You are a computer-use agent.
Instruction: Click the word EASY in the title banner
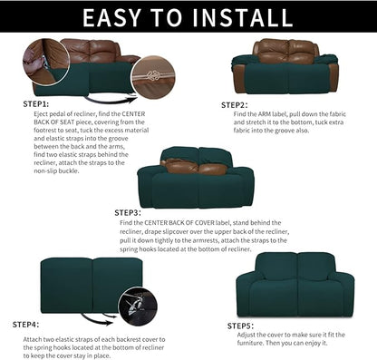(101, 18)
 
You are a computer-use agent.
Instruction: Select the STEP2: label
(236, 104)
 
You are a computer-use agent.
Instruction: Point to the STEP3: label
(128, 212)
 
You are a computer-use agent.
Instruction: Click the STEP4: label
(25, 323)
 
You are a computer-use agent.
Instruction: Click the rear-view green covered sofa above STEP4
(80, 286)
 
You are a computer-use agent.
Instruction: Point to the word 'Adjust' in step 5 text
(267, 334)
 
